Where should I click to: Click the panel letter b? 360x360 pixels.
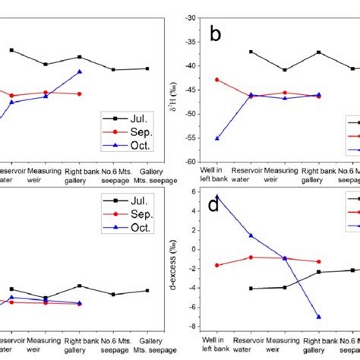[x=215, y=33]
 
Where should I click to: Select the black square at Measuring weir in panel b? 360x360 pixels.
[x=285, y=70]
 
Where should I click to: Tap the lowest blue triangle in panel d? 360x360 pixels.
[x=318, y=317]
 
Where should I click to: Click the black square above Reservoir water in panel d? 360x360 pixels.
[x=251, y=289]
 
